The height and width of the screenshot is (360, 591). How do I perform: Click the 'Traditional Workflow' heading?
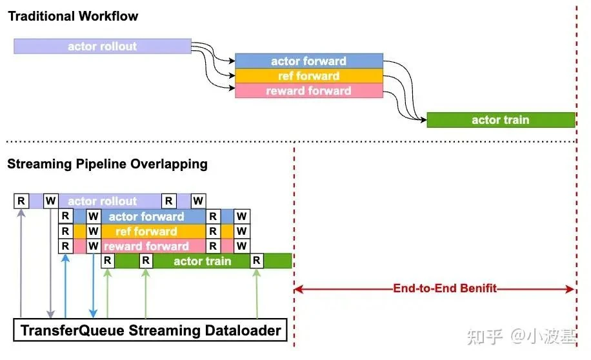pyautogui.click(x=73, y=16)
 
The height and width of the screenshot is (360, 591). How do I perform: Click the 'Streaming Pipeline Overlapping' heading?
pyautogui.click(x=107, y=164)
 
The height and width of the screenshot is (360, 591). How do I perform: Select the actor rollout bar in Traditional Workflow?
pyautogui.click(x=103, y=46)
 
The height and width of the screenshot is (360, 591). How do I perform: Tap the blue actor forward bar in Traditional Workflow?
pyautogui.click(x=308, y=61)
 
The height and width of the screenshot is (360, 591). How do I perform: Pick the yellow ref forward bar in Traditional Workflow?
pyautogui.click(x=308, y=76)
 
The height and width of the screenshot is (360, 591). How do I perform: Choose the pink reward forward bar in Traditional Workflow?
pyautogui.click(x=308, y=91)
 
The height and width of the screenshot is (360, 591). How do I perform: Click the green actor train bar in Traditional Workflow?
pyautogui.click(x=500, y=120)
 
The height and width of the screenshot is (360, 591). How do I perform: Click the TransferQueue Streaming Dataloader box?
pyautogui.click(x=150, y=331)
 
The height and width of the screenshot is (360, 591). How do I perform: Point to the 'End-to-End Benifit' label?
pyautogui.click(x=445, y=288)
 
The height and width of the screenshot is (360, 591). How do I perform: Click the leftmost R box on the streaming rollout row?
pyautogui.click(x=21, y=201)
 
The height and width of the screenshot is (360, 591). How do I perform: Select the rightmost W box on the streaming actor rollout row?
pyautogui.click(x=199, y=201)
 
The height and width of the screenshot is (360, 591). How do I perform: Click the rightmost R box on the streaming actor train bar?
pyautogui.click(x=257, y=261)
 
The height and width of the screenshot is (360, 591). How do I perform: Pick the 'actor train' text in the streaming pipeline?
pyautogui.click(x=202, y=261)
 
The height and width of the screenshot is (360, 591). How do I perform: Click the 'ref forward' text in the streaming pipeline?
pyautogui.click(x=146, y=231)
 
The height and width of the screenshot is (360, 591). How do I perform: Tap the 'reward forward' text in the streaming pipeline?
pyautogui.click(x=146, y=246)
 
